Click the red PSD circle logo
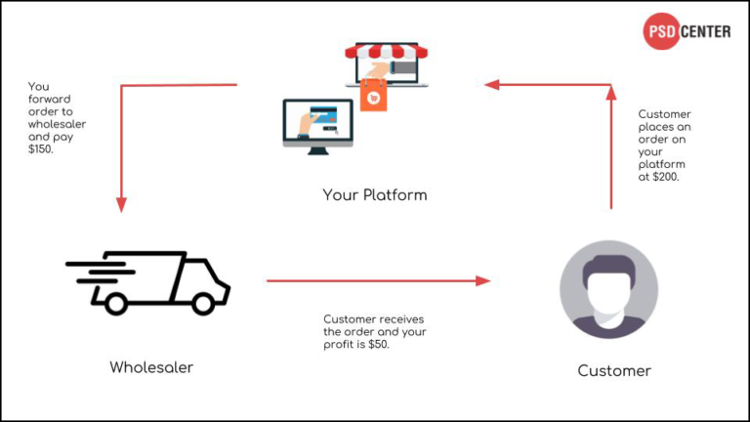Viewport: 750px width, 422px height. coord(660,31)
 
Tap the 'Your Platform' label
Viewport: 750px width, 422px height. coord(375,195)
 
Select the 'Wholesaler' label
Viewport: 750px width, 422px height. coord(150,367)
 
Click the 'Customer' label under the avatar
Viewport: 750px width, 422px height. coord(614,371)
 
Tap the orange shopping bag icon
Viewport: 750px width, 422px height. coord(372,95)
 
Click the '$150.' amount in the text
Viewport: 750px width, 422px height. coord(43,149)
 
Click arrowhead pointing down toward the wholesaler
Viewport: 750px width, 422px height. coord(121,204)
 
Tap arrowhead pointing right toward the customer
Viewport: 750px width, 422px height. coord(482,281)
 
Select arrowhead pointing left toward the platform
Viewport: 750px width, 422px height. coord(492,85)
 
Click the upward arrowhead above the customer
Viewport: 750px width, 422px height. coord(611,93)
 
